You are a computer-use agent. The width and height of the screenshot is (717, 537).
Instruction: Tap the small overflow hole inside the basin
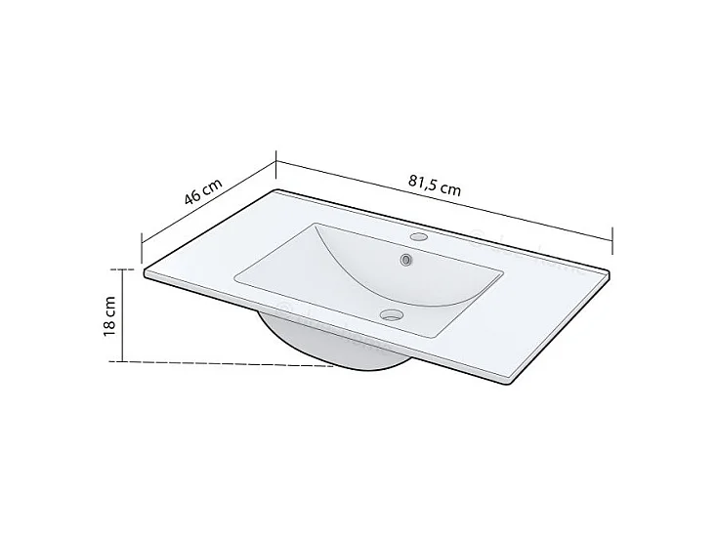tap(404, 260)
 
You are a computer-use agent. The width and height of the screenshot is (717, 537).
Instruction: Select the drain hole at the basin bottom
tap(392, 314)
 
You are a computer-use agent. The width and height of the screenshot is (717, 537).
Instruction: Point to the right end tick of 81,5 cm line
tap(612, 236)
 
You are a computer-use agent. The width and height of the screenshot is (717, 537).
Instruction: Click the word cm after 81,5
tap(449, 187)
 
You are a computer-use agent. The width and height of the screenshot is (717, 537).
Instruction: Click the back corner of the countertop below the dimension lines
tap(279, 191)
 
